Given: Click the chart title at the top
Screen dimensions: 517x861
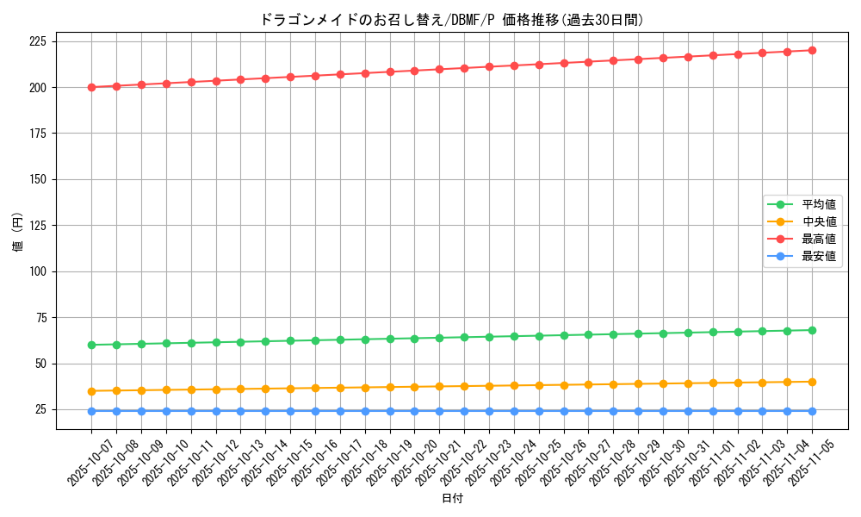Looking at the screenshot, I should click(451, 20).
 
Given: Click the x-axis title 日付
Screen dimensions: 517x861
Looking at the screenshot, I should click(452, 499).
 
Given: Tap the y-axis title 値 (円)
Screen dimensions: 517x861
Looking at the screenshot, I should click(18, 234).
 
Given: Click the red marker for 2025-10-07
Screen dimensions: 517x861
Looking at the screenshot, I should click(91, 87).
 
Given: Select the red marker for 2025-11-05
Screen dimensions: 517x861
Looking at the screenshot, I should click(812, 50).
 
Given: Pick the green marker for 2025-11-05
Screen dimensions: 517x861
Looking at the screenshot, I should click(812, 330).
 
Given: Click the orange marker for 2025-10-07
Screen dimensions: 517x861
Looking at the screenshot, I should click(91, 391).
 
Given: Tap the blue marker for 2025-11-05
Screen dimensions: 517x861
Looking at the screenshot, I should click(812, 411).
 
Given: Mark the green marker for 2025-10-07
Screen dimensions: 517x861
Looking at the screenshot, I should click(91, 345).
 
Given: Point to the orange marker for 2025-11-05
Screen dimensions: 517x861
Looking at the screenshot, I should click(812, 382).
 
